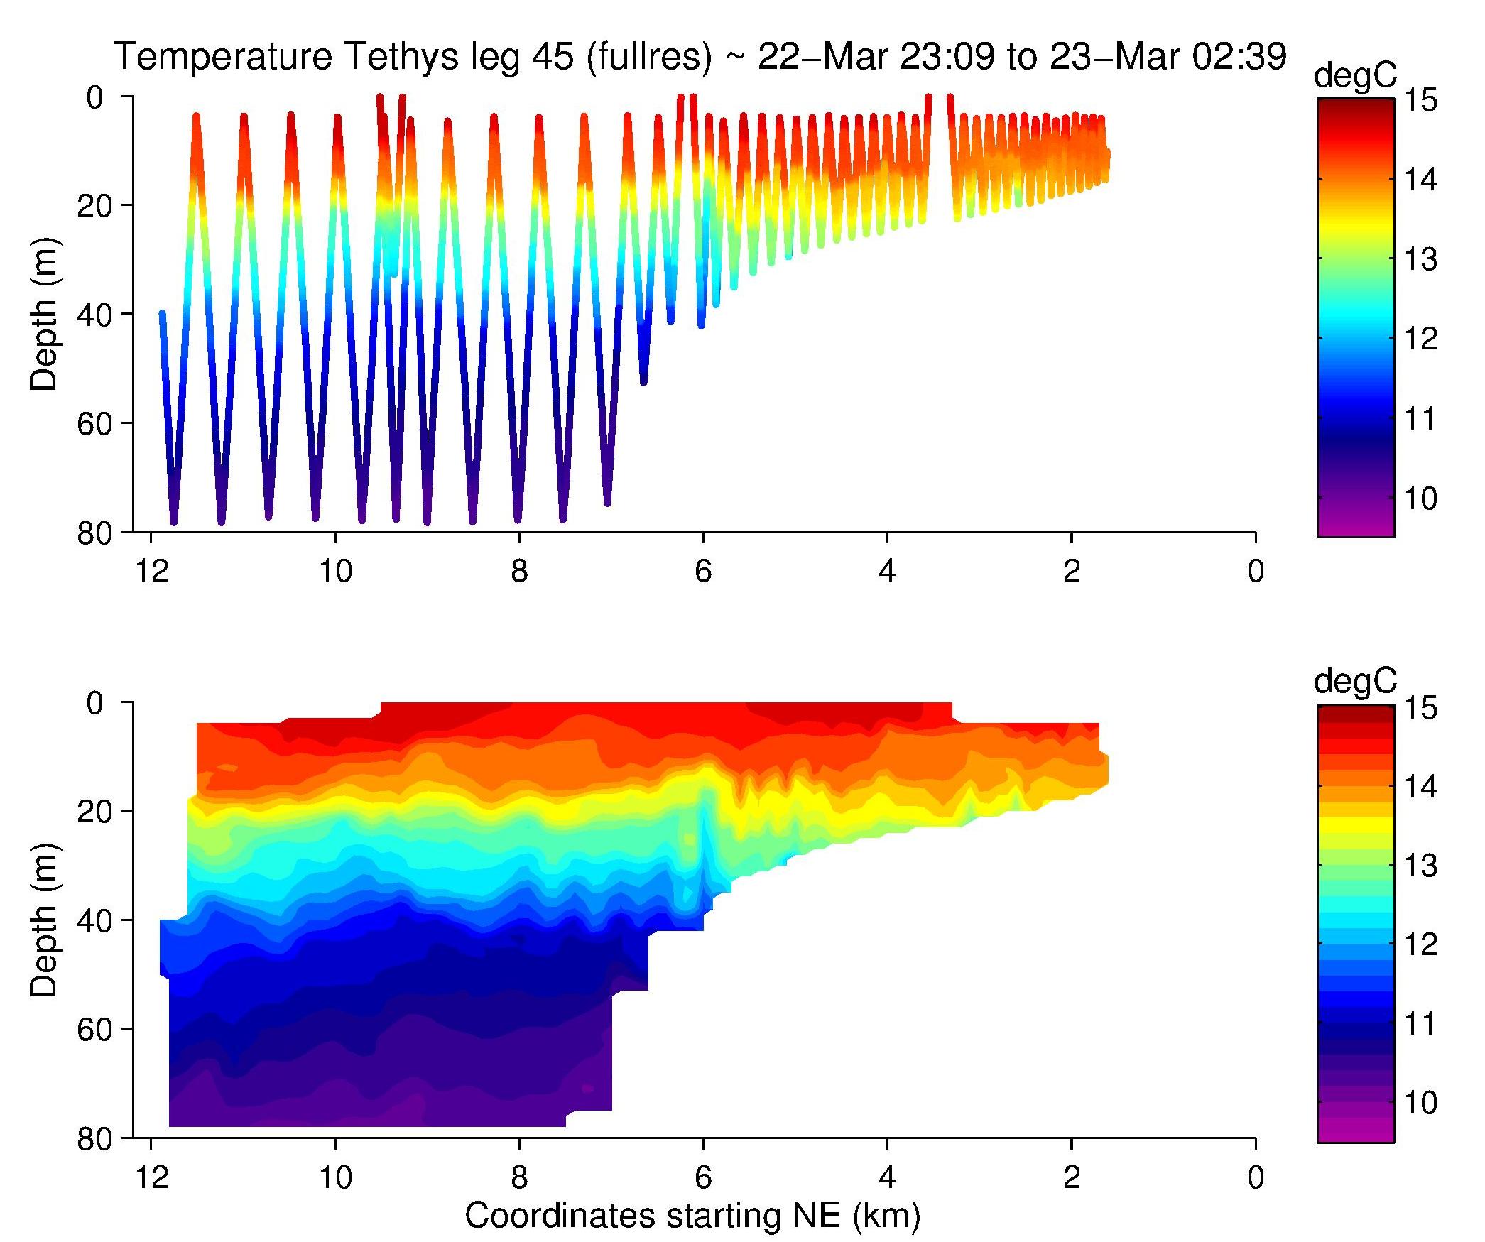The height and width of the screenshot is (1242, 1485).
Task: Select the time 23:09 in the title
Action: point(947,58)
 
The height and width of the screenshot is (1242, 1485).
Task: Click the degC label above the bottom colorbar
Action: point(1355,682)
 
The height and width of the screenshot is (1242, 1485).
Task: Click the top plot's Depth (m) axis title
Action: point(44,314)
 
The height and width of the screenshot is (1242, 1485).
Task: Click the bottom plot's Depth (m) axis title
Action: point(44,920)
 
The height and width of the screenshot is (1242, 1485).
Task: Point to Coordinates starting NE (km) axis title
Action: point(692,1216)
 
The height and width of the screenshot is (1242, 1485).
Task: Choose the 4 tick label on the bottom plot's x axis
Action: point(887,1178)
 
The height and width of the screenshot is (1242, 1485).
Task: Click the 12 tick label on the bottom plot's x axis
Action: point(151,1178)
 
